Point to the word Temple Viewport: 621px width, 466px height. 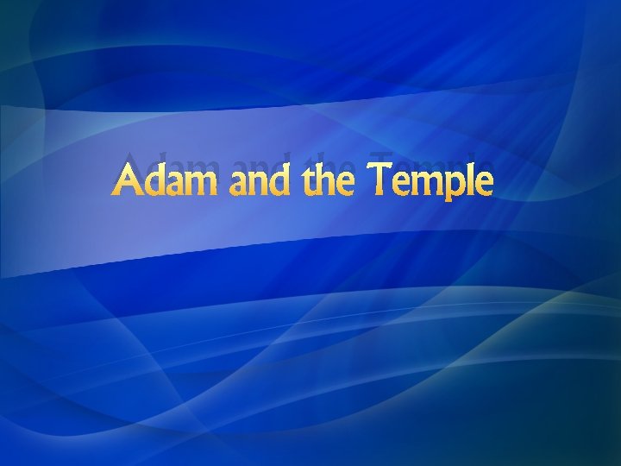point(434,181)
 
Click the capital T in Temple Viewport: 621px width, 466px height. point(384,180)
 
